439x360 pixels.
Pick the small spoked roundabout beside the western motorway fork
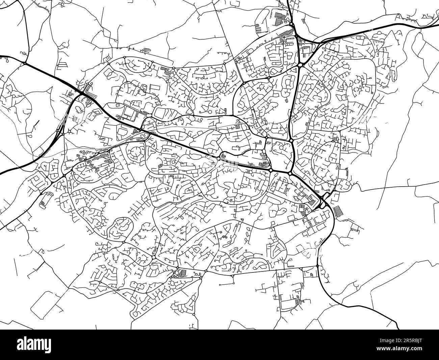(x=70, y=130)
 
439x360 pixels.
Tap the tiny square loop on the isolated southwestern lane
(x=43, y=251)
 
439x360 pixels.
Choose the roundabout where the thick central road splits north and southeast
(x=290, y=174)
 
